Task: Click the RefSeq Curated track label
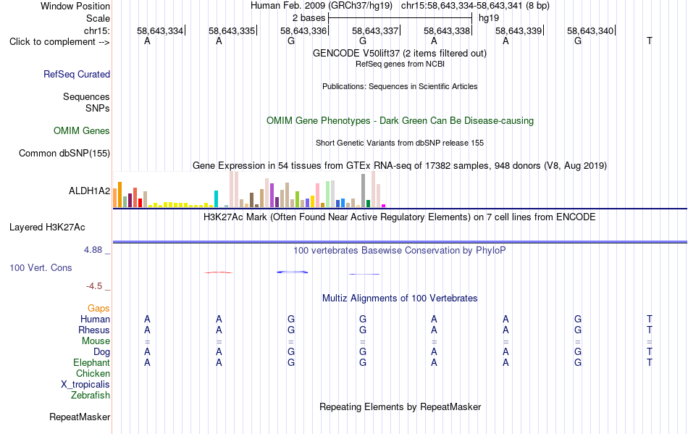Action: [x=77, y=74]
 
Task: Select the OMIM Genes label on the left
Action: [x=82, y=130]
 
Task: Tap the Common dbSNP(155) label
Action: [x=64, y=153]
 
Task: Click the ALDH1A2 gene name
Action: [x=90, y=191]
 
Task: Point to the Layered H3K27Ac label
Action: [x=47, y=228]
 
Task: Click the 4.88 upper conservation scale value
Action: [x=93, y=250]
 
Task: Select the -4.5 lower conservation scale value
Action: [x=94, y=286]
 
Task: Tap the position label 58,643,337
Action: [x=375, y=30]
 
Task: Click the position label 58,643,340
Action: [x=590, y=30]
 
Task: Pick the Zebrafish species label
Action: [x=91, y=396]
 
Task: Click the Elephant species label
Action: [x=92, y=363]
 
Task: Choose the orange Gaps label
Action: [x=98, y=309]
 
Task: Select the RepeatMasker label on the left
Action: [x=80, y=417]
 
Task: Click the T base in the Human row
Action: [x=650, y=319]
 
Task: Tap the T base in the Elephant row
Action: [x=650, y=363]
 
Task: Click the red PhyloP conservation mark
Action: [x=219, y=272]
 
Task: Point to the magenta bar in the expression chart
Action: [x=384, y=205]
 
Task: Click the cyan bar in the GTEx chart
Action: [x=216, y=199]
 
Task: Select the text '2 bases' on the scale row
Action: [x=309, y=18]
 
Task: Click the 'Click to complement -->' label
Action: [x=59, y=42]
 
